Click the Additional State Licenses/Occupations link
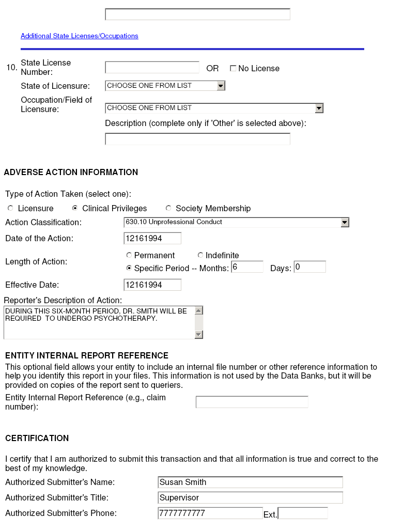(x=79, y=36)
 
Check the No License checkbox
(x=233, y=68)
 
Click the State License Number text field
(x=152, y=68)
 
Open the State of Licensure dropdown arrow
(x=221, y=86)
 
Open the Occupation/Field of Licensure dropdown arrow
(x=319, y=108)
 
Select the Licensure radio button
(x=10, y=208)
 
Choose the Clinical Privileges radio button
(x=75, y=208)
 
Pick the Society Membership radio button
(x=168, y=208)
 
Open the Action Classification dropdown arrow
(x=345, y=222)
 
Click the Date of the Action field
(x=152, y=238)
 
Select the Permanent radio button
(x=129, y=255)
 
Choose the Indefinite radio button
(x=200, y=255)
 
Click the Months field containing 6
(x=247, y=267)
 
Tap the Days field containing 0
(x=309, y=267)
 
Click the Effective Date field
(x=152, y=285)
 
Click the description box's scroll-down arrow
(x=199, y=335)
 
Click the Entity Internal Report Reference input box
(x=252, y=402)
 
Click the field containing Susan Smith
(x=250, y=482)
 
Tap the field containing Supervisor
(x=250, y=498)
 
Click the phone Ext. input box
(x=303, y=513)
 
